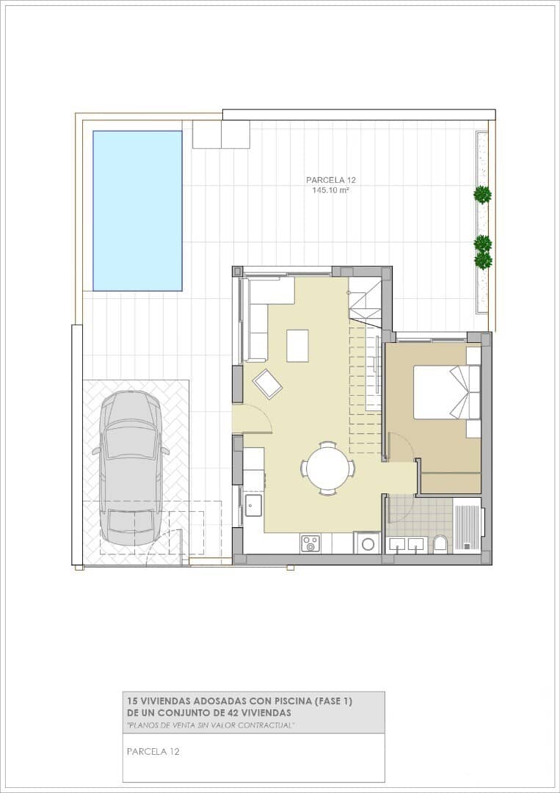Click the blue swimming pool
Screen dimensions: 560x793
(x=137, y=211)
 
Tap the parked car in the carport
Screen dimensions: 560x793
(x=131, y=468)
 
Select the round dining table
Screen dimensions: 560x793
(x=328, y=468)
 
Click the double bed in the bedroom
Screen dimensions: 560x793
(x=447, y=392)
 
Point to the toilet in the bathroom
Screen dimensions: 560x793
(x=440, y=544)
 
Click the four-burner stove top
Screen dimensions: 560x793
(x=310, y=543)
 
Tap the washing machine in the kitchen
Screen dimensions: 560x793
(x=367, y=543)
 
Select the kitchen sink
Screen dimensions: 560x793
(x=253, y=505)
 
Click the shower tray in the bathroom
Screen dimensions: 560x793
(x=467, y=525)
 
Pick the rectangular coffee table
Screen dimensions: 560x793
(x=298, y=345)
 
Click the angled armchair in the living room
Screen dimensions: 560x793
(x=267, y=384)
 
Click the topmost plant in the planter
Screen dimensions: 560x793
(x=483, y=195)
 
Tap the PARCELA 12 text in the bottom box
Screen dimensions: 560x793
(x=153, y=752)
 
